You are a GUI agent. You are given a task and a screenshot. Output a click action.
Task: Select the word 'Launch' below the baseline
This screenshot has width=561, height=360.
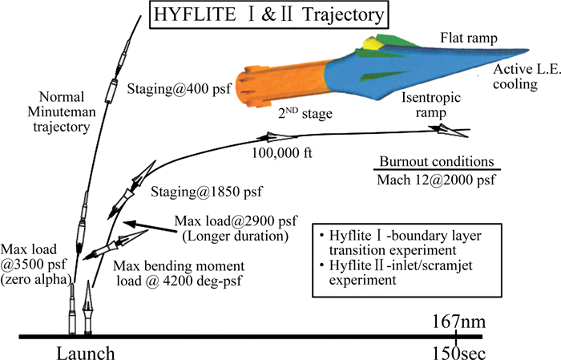pyautogui.click(x=86, y=350)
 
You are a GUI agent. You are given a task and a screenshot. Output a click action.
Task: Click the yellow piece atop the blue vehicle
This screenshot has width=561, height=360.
pyautogui.click(x=371, y=42)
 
